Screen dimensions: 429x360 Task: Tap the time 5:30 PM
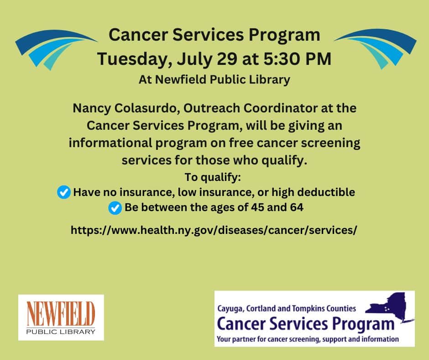[x=297, y=58]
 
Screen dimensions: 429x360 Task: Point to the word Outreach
[x=211, y=108]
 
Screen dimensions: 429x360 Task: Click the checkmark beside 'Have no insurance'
[x=64, y=192]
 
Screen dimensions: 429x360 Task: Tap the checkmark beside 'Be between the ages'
[x=115, y=208]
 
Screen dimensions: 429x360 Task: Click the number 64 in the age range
[x=297, y=207]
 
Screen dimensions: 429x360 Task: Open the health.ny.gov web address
[x=214, y=230]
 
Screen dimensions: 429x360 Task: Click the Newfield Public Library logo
[x=61, y=318]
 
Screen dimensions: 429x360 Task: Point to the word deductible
[x=326, y=192]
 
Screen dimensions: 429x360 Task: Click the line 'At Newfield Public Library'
[x=214, y=80]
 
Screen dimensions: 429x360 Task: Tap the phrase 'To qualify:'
[x=213, y=177]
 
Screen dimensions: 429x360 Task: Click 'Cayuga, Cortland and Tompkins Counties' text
[x=287, y=308]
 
